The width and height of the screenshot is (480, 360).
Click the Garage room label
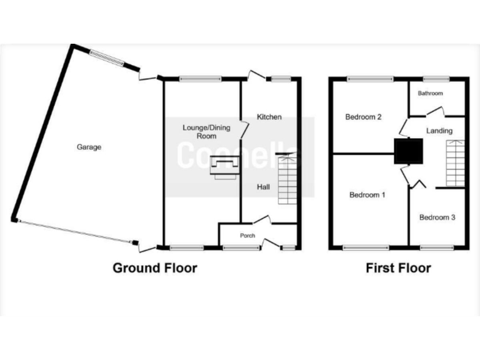89,147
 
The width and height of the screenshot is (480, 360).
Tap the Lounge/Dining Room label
206,132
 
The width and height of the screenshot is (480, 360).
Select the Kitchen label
269,117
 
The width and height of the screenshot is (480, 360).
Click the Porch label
248,236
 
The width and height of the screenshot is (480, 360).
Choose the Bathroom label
430,94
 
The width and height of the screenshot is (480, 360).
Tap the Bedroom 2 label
363,117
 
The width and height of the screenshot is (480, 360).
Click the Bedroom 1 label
367,195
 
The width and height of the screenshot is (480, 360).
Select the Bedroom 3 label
437,217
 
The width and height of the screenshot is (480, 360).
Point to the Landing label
439,131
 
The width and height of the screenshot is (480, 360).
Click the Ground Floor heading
154,268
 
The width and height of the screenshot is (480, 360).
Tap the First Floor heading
398,268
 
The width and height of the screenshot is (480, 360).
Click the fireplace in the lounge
224,166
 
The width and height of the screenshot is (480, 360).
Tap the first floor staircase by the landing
455,163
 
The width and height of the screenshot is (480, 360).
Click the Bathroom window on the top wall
436,79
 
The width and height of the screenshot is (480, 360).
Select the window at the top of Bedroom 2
371,79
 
